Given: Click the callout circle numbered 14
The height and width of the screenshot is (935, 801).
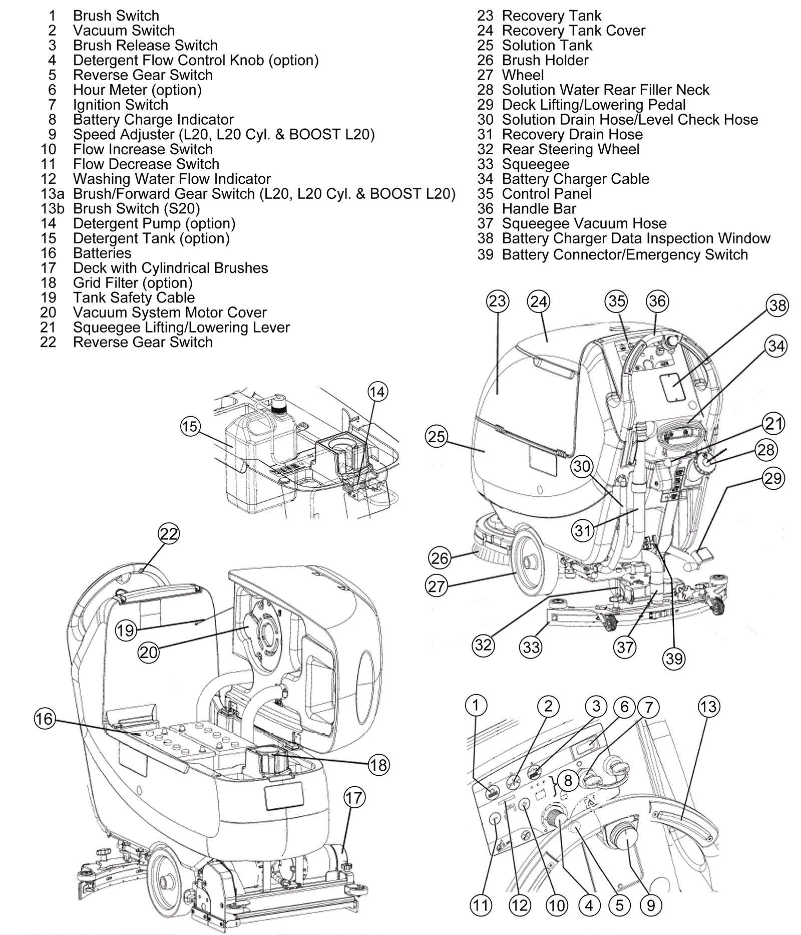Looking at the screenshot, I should click(x=377, y=392).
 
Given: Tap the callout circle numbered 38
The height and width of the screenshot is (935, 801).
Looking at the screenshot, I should click(x=777, y=305).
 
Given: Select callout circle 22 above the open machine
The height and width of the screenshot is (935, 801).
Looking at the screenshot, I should click(x=169, y=534).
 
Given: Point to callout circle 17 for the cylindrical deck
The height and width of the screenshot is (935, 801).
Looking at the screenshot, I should click(x=354, y=798).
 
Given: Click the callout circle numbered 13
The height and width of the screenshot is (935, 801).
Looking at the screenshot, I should click(x=708, y=707).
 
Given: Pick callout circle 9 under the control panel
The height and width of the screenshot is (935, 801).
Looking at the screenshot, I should click(x=651, y=905).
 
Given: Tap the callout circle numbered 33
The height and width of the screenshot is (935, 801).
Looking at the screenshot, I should click(x=531, y=647).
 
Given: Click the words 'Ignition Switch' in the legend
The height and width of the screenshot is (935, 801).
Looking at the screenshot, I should click(x=120, y=105).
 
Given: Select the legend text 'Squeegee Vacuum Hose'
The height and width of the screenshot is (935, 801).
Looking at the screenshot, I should click(x=584, y=223).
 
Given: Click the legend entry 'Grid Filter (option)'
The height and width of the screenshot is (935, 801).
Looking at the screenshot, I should click(x=133, y=283).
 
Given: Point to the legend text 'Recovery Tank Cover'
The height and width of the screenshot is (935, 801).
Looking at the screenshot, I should click(x=574, y=31).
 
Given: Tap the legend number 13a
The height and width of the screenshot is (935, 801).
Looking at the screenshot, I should click(x=53, y=194).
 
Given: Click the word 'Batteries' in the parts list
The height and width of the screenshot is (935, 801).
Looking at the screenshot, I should click(x=102, y=253).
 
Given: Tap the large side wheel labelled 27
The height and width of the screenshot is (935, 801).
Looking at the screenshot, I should click(x=535, y=563).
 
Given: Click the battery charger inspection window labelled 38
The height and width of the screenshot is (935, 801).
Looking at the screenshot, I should click(x=672, y=387).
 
